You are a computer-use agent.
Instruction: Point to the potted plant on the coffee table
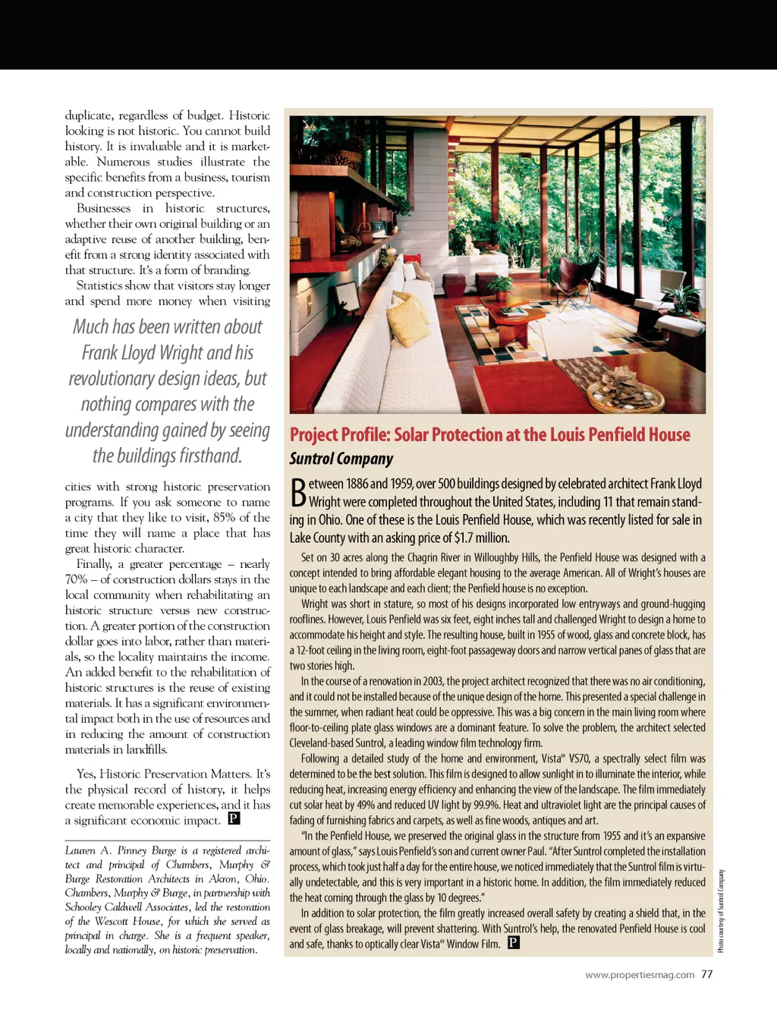[500, 287]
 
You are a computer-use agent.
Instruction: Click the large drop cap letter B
[297, 492]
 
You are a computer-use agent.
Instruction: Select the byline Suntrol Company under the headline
[341, 459]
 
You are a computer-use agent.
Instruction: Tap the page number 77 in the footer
[707, 975]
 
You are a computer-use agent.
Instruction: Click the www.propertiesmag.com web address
[639, 975]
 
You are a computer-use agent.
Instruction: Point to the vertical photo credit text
[721, 910]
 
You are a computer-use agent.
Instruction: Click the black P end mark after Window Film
[514, 943]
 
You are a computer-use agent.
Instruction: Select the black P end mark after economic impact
[234, 818]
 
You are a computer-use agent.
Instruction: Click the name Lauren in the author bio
[80, 850]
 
